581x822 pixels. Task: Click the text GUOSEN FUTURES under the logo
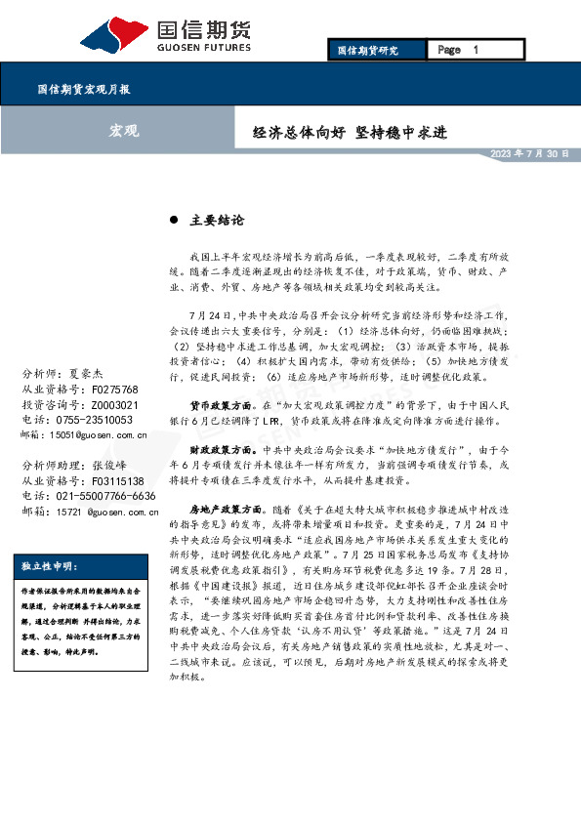204,46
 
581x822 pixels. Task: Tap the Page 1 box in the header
458,50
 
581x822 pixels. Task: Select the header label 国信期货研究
367,50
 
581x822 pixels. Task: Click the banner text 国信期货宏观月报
83,89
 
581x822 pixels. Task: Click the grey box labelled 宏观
123,130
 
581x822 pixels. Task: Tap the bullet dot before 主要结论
174,221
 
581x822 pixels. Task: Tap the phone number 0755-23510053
102,419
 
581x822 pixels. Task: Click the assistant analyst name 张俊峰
115,467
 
